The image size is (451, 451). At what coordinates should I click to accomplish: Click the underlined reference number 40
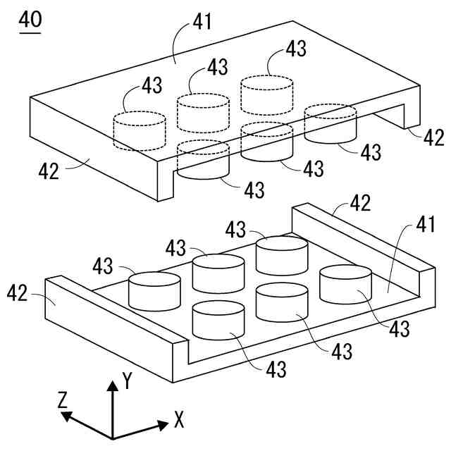tap(30, 20)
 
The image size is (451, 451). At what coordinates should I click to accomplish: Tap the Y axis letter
tap(127, 381)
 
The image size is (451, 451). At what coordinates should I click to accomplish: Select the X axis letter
tap(179, 421)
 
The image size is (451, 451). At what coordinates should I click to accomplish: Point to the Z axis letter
tap(63, 400)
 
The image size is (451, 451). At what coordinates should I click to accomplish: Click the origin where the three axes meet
tap(113, 437)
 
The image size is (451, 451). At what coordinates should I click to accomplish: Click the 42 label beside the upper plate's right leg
tap(433, 137)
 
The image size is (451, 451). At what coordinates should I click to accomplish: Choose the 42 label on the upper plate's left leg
tap(49, 171)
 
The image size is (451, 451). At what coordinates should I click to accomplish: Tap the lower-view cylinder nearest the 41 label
tap(345, 283)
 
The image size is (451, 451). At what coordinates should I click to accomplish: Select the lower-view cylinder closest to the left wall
tap(154, 290)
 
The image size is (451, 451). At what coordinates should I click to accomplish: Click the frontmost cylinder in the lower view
tap(218, 319)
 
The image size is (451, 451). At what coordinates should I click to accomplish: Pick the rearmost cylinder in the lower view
tap(282, 254)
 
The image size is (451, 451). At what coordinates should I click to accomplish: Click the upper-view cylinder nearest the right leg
tap(330, 123)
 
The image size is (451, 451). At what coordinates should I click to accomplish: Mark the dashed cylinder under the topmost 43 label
tap(266, 94)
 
